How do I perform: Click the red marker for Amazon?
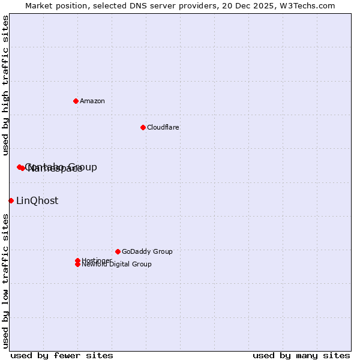(x=76, y=101)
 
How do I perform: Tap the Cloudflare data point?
(x=143, y=127)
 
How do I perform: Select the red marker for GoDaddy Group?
(x=118, y=251)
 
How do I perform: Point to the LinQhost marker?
(x=11, y=200)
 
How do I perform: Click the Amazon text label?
(x=92, y=101)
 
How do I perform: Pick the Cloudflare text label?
(x=163, y=127)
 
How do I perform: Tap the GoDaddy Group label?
(x=147, y=251)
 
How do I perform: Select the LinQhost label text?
(x=37, y=200)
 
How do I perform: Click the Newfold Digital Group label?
(x=117, y=264)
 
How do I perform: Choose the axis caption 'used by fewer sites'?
(x=62, y=355)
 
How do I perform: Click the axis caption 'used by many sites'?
(x=301, y=355)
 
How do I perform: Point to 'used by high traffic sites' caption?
(x=5, y=85)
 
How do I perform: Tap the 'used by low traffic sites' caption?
(x=5, y=281)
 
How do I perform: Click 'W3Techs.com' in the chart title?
(x=311, y=5)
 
